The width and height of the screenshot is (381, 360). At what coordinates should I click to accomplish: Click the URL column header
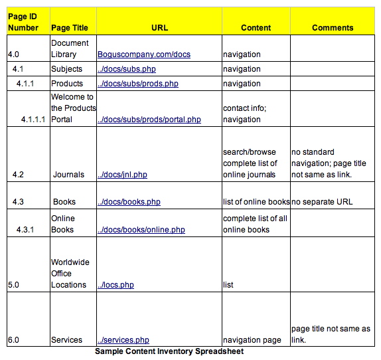[x=159, y=28]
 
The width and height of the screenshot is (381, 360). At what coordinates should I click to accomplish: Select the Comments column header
[x=333, y=28]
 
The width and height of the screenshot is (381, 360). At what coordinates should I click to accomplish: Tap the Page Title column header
[x=72, y=28]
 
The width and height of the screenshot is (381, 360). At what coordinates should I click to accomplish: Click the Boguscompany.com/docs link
[x=143, y=54]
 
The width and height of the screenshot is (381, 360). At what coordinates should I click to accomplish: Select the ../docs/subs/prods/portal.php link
[x=149, y=120]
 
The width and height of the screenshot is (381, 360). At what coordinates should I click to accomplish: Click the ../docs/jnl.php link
[x=122, y=175]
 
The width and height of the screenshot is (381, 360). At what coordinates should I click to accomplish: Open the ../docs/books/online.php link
[x=141, y=230]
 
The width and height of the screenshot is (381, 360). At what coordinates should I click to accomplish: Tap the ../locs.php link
[x=115, y=285]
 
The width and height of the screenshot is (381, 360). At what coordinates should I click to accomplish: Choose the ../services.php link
[x=123, y=340]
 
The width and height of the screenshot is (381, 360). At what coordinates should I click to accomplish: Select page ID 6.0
[x=14, y=340]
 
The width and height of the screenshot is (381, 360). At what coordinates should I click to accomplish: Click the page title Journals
[x=68, y=175]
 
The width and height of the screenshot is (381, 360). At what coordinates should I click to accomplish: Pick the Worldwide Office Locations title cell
[x=70, y=274]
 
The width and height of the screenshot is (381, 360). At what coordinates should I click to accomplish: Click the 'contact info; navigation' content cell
[x=246, y=114]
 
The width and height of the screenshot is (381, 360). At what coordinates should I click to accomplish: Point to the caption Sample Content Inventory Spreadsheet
[x=169, y=351]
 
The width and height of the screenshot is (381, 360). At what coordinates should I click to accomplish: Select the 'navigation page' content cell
[x=252, y=340]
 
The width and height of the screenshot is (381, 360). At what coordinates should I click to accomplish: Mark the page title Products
[x=67, y=84]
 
